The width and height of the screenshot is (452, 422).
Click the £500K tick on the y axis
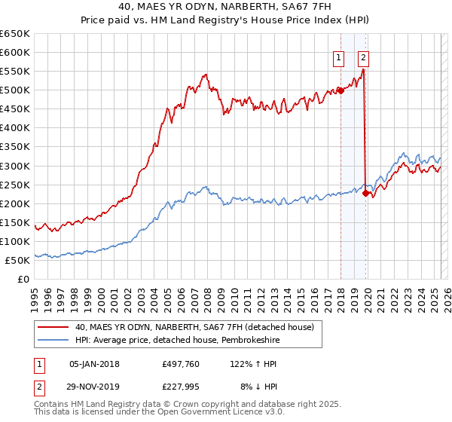(17, 90)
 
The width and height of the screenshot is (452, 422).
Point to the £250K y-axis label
(17, 185)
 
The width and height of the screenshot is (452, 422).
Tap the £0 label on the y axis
(23, 279)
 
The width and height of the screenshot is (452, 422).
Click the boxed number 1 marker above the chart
(338, 57)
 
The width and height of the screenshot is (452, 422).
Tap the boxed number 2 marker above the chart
(363, 57)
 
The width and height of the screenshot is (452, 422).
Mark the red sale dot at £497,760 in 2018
(340, 90)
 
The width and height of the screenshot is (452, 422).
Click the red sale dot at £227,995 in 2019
(365, 193)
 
